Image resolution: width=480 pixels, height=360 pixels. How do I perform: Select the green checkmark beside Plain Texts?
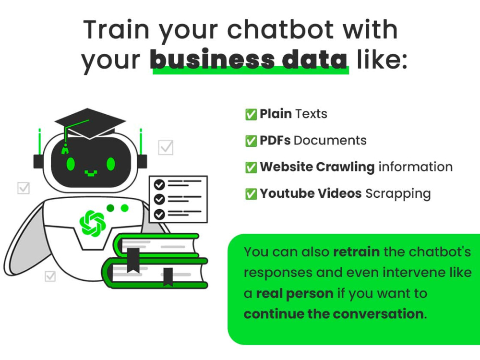click(251, 114)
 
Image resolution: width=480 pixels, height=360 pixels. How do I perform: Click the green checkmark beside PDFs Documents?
click(251, 141)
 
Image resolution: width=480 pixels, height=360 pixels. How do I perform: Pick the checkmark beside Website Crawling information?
click(251, 167)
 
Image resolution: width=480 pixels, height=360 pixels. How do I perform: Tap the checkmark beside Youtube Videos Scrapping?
click(251, 193)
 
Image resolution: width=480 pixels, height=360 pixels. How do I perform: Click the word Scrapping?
click(398, 193)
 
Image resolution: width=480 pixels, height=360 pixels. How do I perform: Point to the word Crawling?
click(345, 167)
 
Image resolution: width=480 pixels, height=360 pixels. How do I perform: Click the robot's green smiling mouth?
click(91, 171)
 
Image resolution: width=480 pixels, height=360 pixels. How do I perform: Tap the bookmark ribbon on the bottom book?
click(168, 276)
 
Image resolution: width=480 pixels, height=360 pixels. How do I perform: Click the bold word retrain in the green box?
click(356, 252)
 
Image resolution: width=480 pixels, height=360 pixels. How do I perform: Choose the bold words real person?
click(294, 293)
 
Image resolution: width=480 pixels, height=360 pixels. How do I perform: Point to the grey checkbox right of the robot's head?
click(166, 147)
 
